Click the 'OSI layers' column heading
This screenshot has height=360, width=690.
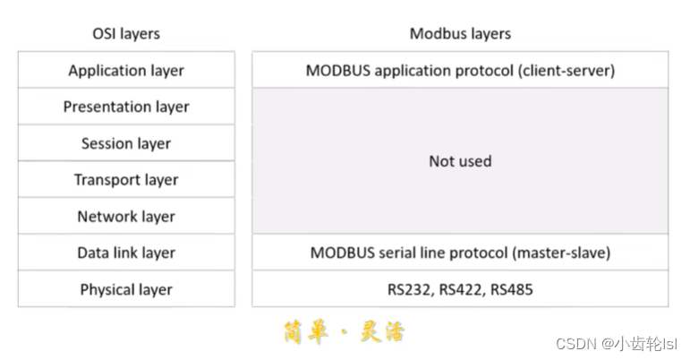[126, 34]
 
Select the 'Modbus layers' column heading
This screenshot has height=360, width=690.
[460, 34]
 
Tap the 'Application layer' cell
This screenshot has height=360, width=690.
[126, 70]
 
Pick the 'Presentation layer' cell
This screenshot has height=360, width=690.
[126, 107]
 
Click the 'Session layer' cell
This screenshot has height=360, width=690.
[126, 143]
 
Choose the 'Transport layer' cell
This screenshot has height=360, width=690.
[126, 180]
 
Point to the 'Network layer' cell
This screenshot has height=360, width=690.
[126, 217]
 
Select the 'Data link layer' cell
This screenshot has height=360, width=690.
[126, 253]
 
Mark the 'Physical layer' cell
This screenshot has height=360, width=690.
[126, 290]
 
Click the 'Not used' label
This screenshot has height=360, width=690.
[460, 161]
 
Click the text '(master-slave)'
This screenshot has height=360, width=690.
[561, 253]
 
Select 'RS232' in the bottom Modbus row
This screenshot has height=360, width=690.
[396, 290]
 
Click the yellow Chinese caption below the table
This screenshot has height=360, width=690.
[344, 332]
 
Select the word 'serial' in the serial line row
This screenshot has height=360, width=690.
[389, 253]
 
